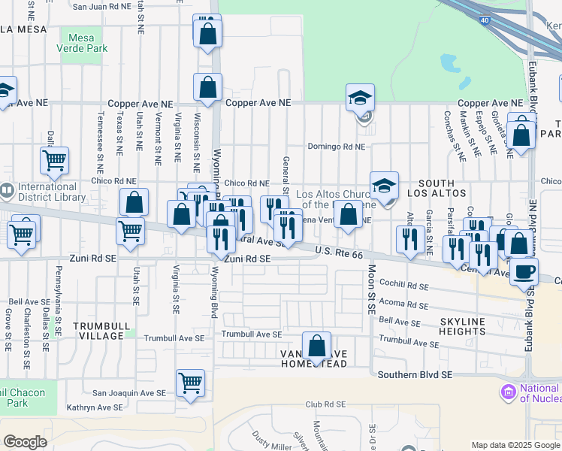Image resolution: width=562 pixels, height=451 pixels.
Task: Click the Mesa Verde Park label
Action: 83,43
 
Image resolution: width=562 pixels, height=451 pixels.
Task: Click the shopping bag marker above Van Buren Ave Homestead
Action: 318,347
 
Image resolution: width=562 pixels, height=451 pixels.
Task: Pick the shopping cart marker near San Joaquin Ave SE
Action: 191,382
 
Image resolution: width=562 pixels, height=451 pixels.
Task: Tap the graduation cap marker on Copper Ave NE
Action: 361,97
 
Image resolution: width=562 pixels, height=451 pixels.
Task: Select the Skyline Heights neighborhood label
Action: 452,326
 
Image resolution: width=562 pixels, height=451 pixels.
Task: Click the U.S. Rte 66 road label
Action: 339,253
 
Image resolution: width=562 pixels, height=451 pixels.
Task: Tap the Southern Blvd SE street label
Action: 415,374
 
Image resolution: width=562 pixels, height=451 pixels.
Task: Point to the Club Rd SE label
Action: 325,404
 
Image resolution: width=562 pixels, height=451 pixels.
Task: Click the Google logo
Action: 25,442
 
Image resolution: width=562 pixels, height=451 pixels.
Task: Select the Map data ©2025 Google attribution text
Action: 515,445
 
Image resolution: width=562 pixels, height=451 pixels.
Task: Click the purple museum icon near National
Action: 508,392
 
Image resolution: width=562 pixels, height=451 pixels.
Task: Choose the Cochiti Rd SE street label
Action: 404,286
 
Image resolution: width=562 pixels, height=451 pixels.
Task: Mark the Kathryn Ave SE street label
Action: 95,407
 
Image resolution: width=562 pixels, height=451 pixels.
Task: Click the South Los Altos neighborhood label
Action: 437,189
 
